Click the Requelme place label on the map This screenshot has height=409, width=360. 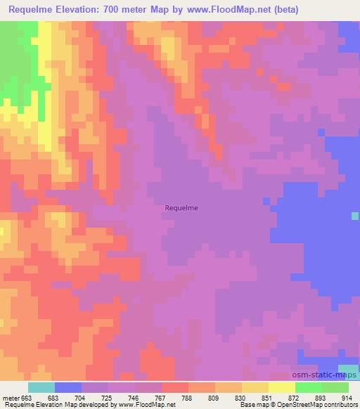click(x=181, y=207)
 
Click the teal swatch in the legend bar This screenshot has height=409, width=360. click(x=41, y=387)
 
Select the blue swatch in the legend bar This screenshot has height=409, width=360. click(x=68, y=387)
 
